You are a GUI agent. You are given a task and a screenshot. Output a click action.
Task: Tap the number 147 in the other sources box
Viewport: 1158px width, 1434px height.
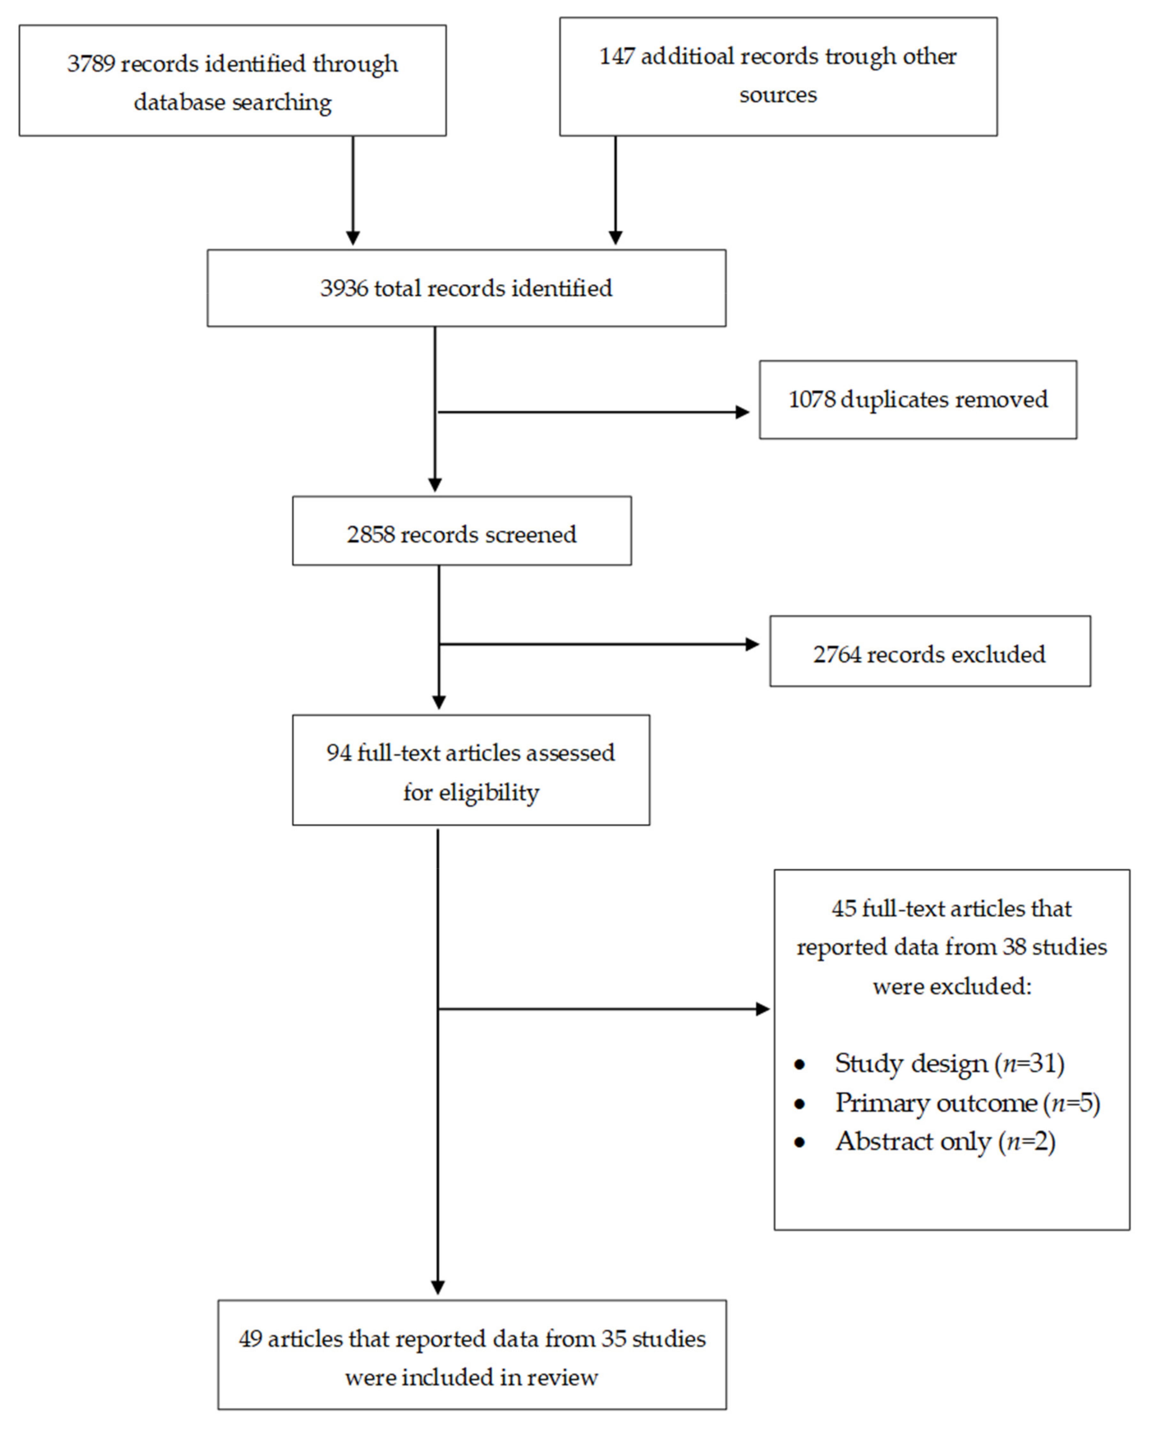[x=616, y=57]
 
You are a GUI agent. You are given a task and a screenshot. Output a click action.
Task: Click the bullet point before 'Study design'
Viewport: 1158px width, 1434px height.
[x=800, y=1064]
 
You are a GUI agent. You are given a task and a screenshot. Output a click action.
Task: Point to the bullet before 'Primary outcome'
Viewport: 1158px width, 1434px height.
[x=800, y=1104]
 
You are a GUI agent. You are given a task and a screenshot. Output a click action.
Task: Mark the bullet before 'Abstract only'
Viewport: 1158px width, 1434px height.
[x=800, y=1142]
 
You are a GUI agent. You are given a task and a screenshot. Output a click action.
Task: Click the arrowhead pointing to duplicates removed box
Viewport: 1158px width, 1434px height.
[x=742, y=412]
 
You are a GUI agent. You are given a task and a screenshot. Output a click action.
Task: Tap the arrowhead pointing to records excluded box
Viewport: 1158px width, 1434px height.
[x=752, y=644]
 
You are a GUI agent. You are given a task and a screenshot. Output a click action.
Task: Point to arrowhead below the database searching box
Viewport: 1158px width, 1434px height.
[x=353, y=237]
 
